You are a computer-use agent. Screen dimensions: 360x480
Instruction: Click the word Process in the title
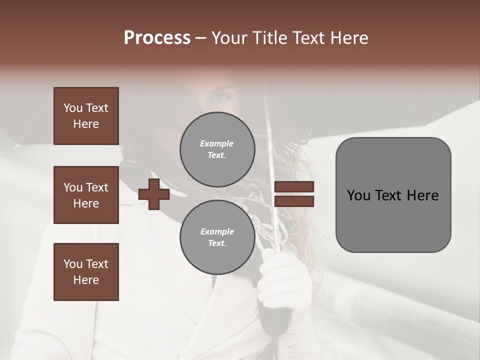(157, 38)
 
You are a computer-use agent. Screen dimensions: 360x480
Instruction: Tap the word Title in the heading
(270, 38)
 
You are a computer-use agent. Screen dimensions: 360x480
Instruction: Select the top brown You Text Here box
(86, 116)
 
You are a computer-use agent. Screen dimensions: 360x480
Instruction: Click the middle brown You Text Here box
(86, 195)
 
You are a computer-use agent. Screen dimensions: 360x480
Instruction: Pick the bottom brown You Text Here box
(86, 272)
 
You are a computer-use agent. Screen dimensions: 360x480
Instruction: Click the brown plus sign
(154, 194)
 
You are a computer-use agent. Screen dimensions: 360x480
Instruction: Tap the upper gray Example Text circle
(217, 149)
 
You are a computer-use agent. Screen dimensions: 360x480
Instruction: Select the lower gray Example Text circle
(217, 237)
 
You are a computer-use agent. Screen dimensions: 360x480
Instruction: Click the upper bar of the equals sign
(294, 187)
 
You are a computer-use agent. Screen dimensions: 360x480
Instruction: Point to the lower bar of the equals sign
(294, 201)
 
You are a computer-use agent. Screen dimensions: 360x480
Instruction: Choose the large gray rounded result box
(393, 194)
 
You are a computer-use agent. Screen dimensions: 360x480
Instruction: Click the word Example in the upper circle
(217, 143)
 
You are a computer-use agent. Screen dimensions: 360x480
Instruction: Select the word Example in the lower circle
(217, 231)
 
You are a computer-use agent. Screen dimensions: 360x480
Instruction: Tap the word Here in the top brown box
(86, 124)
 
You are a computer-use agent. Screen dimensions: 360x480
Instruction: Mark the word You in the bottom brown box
(73, 264)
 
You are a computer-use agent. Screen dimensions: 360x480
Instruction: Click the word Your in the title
(229, 38)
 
